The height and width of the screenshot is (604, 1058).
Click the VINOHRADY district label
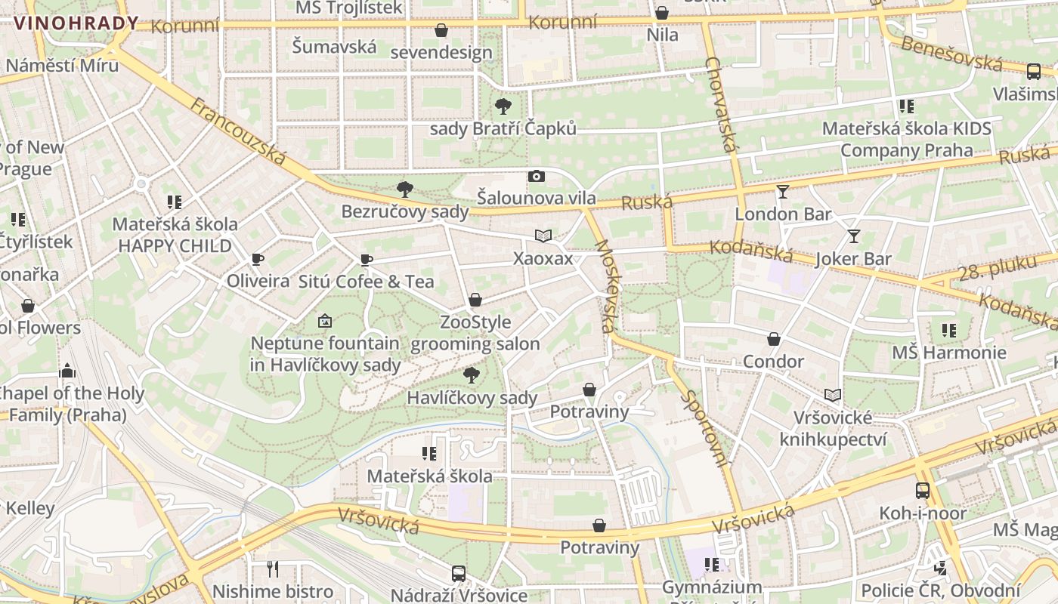click(x=76, y=23)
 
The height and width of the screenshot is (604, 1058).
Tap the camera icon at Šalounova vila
click(x=537, y=177)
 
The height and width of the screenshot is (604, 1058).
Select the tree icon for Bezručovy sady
click(x=405, y=189)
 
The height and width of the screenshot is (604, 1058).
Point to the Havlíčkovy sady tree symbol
click(x=472, y=374)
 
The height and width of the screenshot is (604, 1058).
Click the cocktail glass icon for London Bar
click(x=783, y=192)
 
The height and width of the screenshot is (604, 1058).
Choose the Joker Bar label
click(x=854, y=259)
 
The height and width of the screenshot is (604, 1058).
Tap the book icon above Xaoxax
click(x=543, y=236)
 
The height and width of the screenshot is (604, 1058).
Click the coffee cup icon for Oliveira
click(x=258, y=260)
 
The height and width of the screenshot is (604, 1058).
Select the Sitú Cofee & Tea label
click(x=367, y=282)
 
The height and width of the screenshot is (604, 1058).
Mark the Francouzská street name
click(x=238, y=131)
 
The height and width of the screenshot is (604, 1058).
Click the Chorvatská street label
click(x=720, y=103)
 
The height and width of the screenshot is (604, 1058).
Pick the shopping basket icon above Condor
click(x=773, y=339)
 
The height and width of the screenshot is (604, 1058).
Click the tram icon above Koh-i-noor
click(x=923, y=491)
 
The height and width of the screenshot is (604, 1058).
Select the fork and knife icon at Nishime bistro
click(x=273, y=569)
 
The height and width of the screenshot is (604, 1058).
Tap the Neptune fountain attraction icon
click(x=325, y=321)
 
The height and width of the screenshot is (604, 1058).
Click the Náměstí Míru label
click(x=62, y=65)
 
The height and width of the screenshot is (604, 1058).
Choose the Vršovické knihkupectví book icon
click(x=833, y=395)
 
